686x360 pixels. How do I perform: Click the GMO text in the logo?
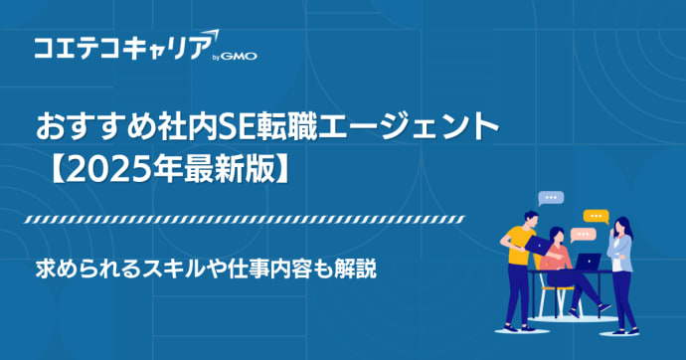click(242, 57)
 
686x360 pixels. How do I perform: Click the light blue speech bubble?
click(549, 199)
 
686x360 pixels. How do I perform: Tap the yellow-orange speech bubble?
click(595, 215)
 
